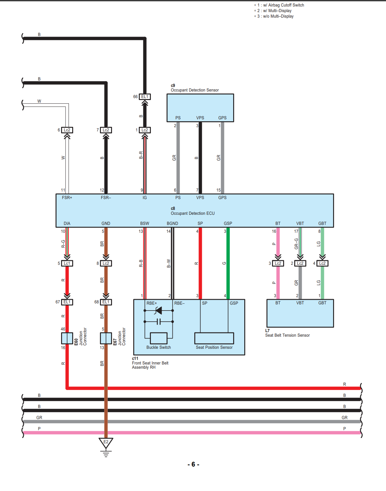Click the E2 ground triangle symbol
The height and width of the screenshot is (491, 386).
coord(106,443)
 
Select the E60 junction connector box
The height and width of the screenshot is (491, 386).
coord(67,338)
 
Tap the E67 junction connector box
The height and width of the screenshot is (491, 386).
coord(106,338)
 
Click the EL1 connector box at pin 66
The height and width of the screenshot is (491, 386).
coord(145,97)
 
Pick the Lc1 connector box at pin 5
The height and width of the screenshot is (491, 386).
coord(67,263)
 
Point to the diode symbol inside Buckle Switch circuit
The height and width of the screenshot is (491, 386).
coord(158,311)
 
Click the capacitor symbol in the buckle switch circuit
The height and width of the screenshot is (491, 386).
coord(159,322)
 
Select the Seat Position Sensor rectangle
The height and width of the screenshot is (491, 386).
coord(214,338)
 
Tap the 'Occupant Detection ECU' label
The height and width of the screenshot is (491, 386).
coord(193,213)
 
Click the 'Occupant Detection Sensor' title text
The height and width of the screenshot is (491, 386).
coord(195,90)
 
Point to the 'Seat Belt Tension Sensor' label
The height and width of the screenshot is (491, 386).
coord(287,335)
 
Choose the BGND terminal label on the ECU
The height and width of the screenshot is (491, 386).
coord(172,223)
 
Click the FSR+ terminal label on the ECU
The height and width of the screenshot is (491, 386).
coord(67,197)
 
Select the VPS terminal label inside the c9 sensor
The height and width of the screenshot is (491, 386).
coord(200,118)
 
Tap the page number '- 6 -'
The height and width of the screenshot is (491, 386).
coord(193,464)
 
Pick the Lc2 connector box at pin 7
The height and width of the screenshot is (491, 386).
coord(106,130)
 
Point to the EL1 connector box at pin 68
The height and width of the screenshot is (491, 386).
coord(106,302)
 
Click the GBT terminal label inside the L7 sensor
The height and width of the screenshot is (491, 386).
coord(322,303)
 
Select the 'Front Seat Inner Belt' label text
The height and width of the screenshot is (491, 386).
coord(150,363)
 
